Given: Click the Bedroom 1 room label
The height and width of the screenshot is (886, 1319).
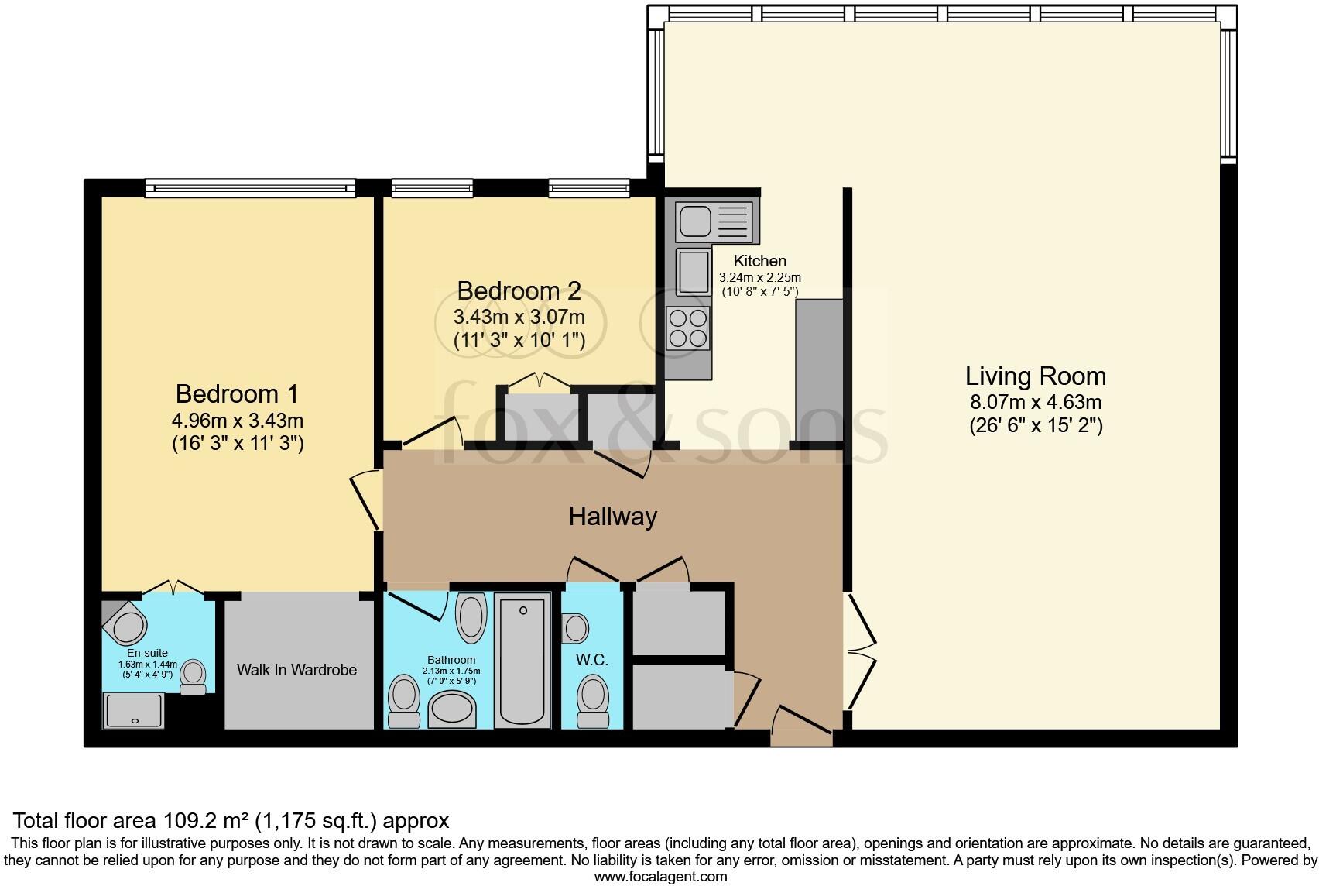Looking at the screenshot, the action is coord(238,393).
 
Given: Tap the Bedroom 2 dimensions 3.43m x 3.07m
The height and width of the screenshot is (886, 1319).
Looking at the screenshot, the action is coord(519,317).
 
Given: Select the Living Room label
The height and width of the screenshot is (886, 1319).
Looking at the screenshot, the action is coord(1036,376).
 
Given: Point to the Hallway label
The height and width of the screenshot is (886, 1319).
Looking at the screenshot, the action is coord(613,517).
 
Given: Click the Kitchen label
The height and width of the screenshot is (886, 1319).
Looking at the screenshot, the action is coord(759,261).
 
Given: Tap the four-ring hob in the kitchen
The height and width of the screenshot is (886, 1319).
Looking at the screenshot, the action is coord(688,328).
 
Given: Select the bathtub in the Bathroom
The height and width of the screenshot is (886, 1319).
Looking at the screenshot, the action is coord(522,661).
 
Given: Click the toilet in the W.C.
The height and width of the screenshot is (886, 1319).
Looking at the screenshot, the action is coord(593,702).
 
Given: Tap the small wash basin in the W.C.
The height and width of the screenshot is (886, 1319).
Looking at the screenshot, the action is coord(575,629).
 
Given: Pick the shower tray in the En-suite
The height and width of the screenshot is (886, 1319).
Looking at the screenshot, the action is coord(133,710).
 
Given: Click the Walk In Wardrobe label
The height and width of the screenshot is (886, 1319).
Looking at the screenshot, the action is coord(296,670).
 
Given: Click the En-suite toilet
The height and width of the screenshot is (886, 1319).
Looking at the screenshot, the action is coord(194,676).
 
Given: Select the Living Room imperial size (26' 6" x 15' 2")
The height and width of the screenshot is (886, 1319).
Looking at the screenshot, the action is coord(1036,425).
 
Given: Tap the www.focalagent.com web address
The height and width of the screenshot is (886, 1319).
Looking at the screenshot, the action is coord(661,877).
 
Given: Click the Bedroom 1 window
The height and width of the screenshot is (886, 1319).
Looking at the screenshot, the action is coord(250,188).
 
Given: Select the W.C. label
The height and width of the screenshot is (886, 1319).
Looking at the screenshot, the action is coord(592,660).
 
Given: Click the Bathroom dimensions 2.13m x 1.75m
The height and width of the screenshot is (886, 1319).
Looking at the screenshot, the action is coord(451,671).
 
